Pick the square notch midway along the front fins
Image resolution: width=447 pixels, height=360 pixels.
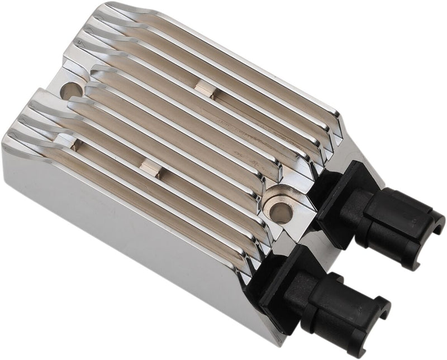point(149,167)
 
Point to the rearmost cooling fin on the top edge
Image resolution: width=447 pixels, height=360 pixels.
point(223,45)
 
